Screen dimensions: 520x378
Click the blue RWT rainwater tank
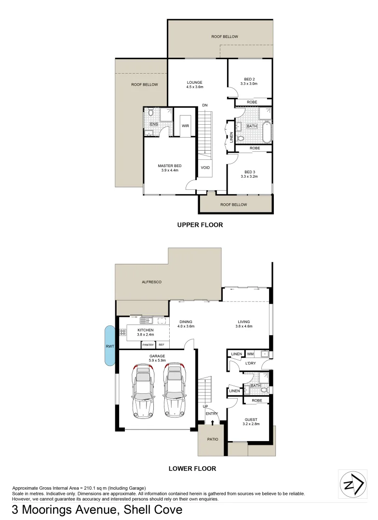click(x=109, y=345)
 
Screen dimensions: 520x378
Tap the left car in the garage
click(x=143, y=390)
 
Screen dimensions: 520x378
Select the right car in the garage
click(x=175, y=390)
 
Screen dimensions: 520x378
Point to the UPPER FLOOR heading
click(x=200, y=224)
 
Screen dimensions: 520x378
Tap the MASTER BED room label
click(x=169, y=166)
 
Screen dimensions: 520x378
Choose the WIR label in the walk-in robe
click(x=185, y=126)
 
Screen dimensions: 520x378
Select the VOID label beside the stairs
click(x=205, y=168)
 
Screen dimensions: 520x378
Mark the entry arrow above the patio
click(x=213, y=422)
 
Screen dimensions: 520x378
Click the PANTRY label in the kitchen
click(x=148, y=345)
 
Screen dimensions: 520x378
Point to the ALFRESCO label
click(x=151, y=281)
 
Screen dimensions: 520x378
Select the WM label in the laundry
click(x=250, y=354)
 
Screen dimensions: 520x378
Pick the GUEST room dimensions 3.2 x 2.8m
click(x=251, y=424)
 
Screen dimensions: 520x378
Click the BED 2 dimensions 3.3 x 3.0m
click(x=249, y=84)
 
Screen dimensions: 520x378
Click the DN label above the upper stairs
click(x=205, y=105)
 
